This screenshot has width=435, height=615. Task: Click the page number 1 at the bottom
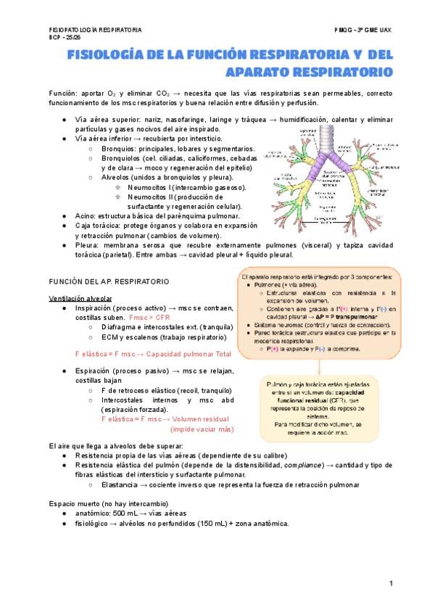click(x=391, y=583)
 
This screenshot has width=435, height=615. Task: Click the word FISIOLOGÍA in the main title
click(x=108, y=55)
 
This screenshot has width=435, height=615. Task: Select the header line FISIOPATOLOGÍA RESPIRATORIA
click(x=91, y=30)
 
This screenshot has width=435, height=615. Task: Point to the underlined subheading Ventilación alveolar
click(x=80, y=298)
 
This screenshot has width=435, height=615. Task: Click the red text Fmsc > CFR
click(x=149, y=318)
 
